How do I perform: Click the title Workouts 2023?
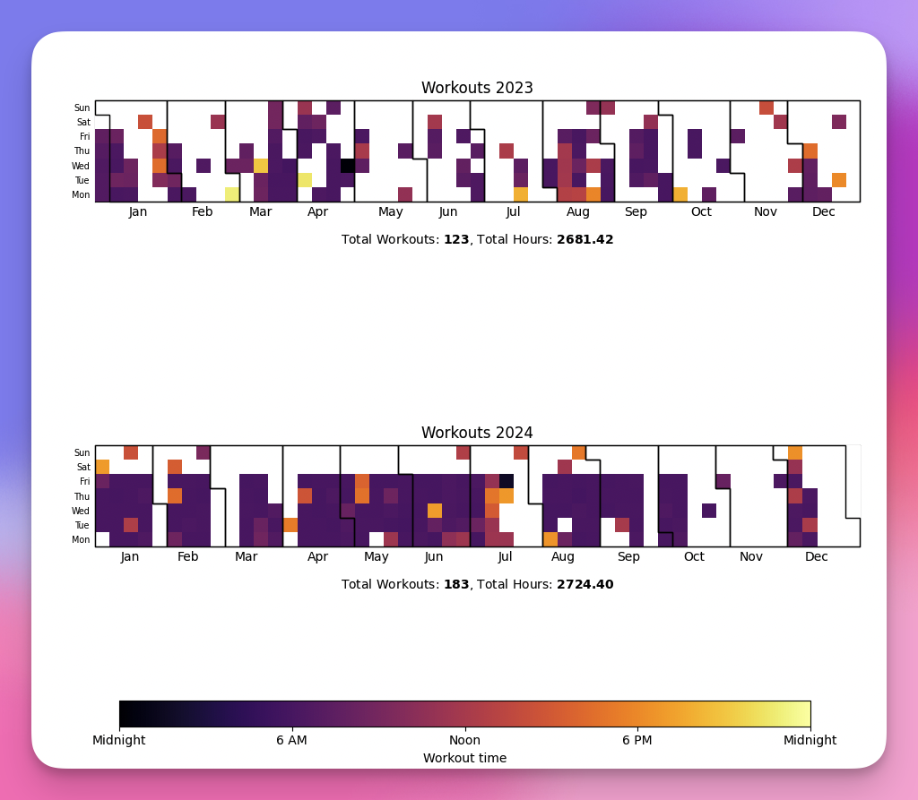[x=477, y=88]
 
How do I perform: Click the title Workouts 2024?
[x=477, y=433]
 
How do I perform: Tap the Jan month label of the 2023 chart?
[x=138, y=212]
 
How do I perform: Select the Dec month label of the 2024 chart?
[x=816, y=557]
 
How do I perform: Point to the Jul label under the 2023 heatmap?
[x=513, y=212]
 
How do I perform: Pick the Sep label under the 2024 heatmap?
[x=628, y=557]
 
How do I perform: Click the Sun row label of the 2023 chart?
[x=82, y=108]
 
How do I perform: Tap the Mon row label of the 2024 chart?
[x=82, y=540]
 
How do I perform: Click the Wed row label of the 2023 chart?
[x=82, y=167]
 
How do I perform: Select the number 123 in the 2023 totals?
[x=456, y=240]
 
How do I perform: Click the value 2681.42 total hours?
[x=585, y=240]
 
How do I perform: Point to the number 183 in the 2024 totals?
[x=456, y=585]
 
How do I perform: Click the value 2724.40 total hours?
[x=585, y=585]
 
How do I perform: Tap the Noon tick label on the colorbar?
[x=464, y=741]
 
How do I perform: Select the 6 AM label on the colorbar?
[x=291, y=741]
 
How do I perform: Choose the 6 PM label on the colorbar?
[x=637, y=741]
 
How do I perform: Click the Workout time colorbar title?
[x=464, y=759]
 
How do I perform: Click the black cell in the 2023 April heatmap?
[x=347, y=166]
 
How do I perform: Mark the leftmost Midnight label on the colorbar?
[x=119, y=741]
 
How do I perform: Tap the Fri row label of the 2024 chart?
[x=84, y=482]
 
